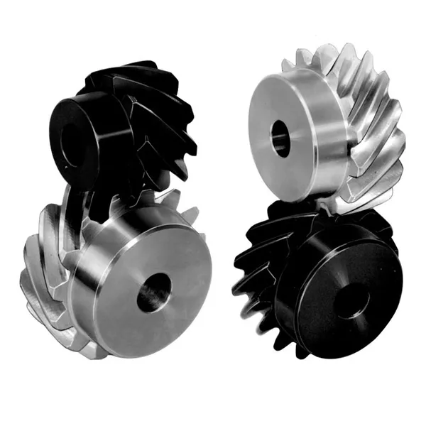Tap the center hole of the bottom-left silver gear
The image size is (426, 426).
pyautogui.click(x=153, y=292)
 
